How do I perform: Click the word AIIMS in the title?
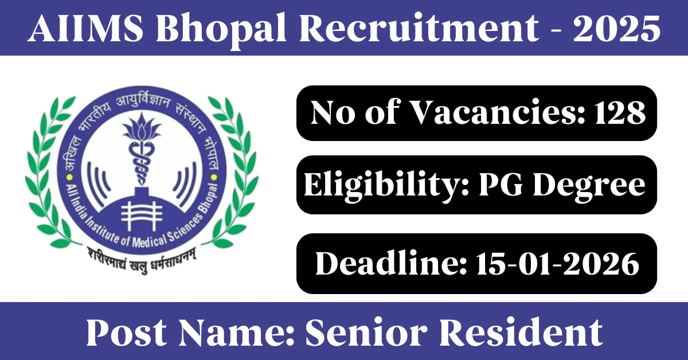point(85,28)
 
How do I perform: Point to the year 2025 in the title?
point(617,28)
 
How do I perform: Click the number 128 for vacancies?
point(620,112)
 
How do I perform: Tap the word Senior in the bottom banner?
point(366,332)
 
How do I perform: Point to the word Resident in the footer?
point(521,332)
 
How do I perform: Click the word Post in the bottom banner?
point(127,332)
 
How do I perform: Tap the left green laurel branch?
point(49,172)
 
